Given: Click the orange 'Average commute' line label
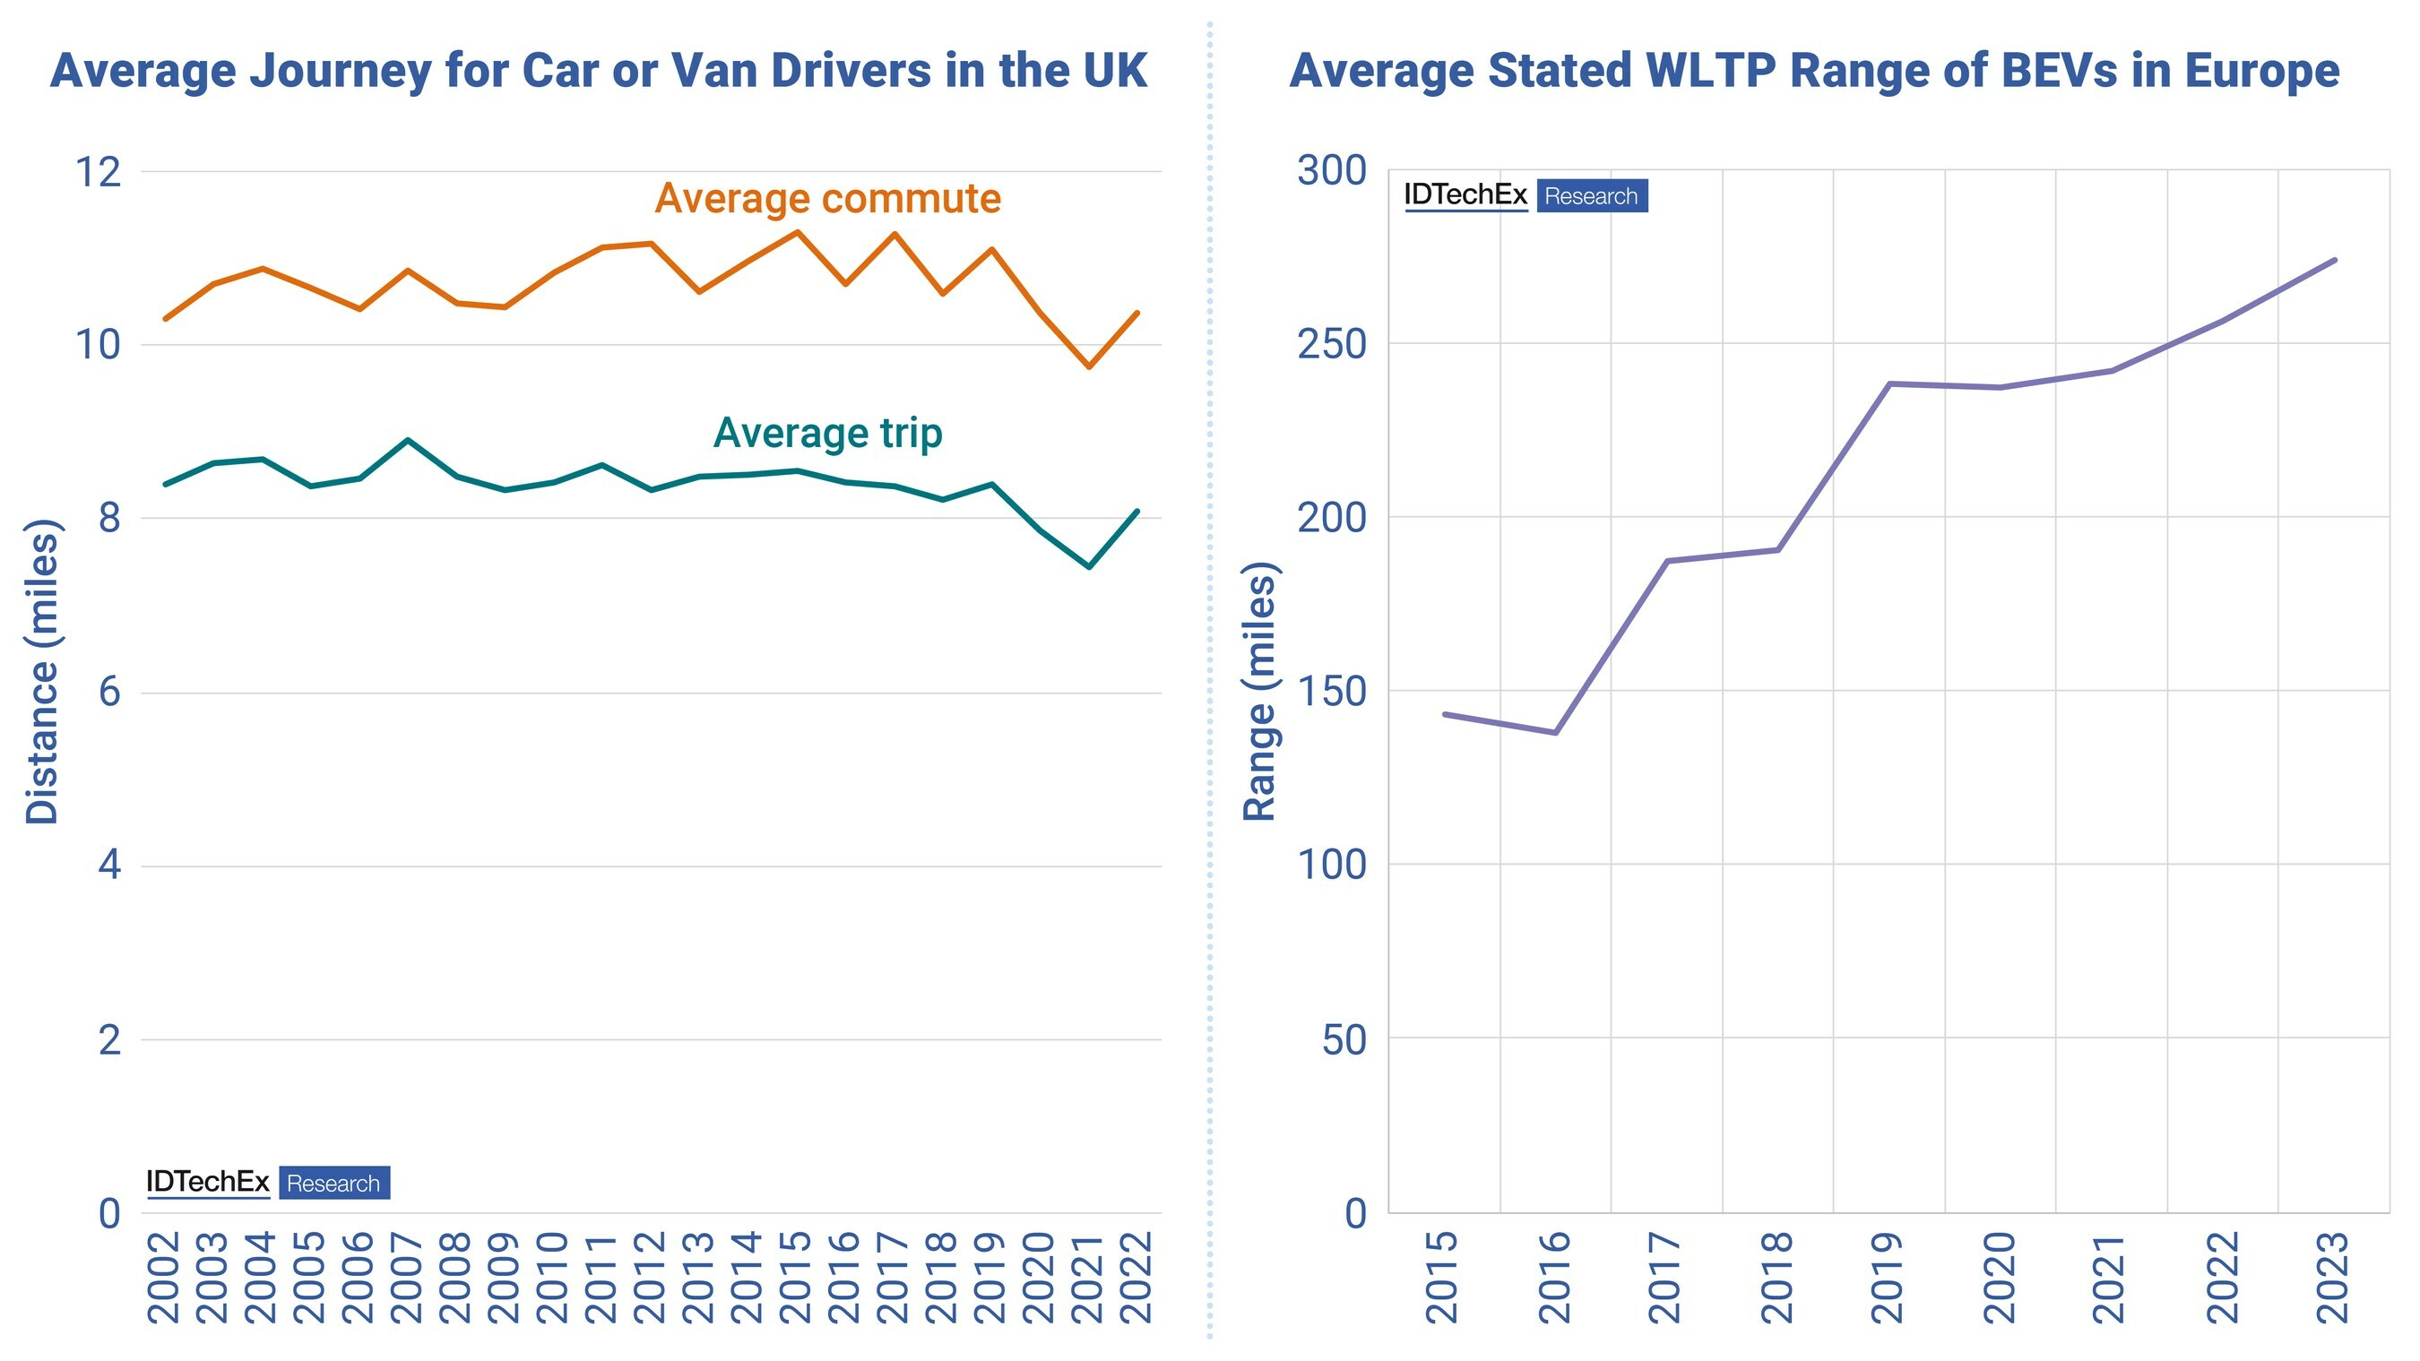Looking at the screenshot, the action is (x=827, y=198).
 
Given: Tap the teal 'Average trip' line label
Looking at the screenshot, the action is (x=827, y=433).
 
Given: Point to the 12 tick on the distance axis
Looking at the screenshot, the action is (x=99, y=172).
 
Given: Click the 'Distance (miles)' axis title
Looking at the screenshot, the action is (x=42, y=672).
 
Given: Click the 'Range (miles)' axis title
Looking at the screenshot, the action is (x=1261, y=692).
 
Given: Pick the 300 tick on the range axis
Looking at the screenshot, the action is (x=1332, y=171).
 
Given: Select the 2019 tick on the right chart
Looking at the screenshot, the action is (x=1888, y=1278).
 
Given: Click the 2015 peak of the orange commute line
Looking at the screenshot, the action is (x=798, y=231).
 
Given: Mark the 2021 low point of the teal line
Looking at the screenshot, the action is (x=1090, y=567).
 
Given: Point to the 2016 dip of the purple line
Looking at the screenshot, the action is (x=1556, y=733).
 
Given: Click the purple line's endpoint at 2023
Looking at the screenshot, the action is (x=2336, y=260).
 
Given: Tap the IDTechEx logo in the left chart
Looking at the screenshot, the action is (x=208, y=1183).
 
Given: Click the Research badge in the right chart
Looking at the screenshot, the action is (x=1593, y=196).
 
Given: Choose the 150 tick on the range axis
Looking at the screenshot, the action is (x=1332, y=692).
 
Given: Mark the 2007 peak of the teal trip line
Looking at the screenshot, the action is (x=408, y=440).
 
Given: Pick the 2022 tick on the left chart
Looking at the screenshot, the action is (x=1137, y=1278).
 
